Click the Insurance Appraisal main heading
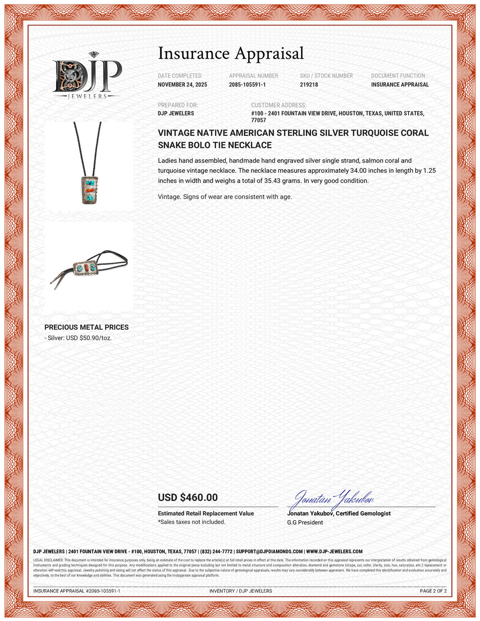[231, 53]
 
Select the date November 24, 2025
[182, 84]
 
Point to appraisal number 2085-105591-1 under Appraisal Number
[247, 84]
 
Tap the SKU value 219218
[309, 84]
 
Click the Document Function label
[398, 76]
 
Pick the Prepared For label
[178, 105]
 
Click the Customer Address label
[278, 105]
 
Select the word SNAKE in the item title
[173, 145]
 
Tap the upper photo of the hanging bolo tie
[89, 164]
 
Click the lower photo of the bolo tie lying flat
[89, 269]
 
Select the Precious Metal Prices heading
[86, 327]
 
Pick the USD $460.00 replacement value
[188, 498]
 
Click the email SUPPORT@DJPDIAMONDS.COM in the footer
[269, 552]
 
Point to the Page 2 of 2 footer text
[433, 591]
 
